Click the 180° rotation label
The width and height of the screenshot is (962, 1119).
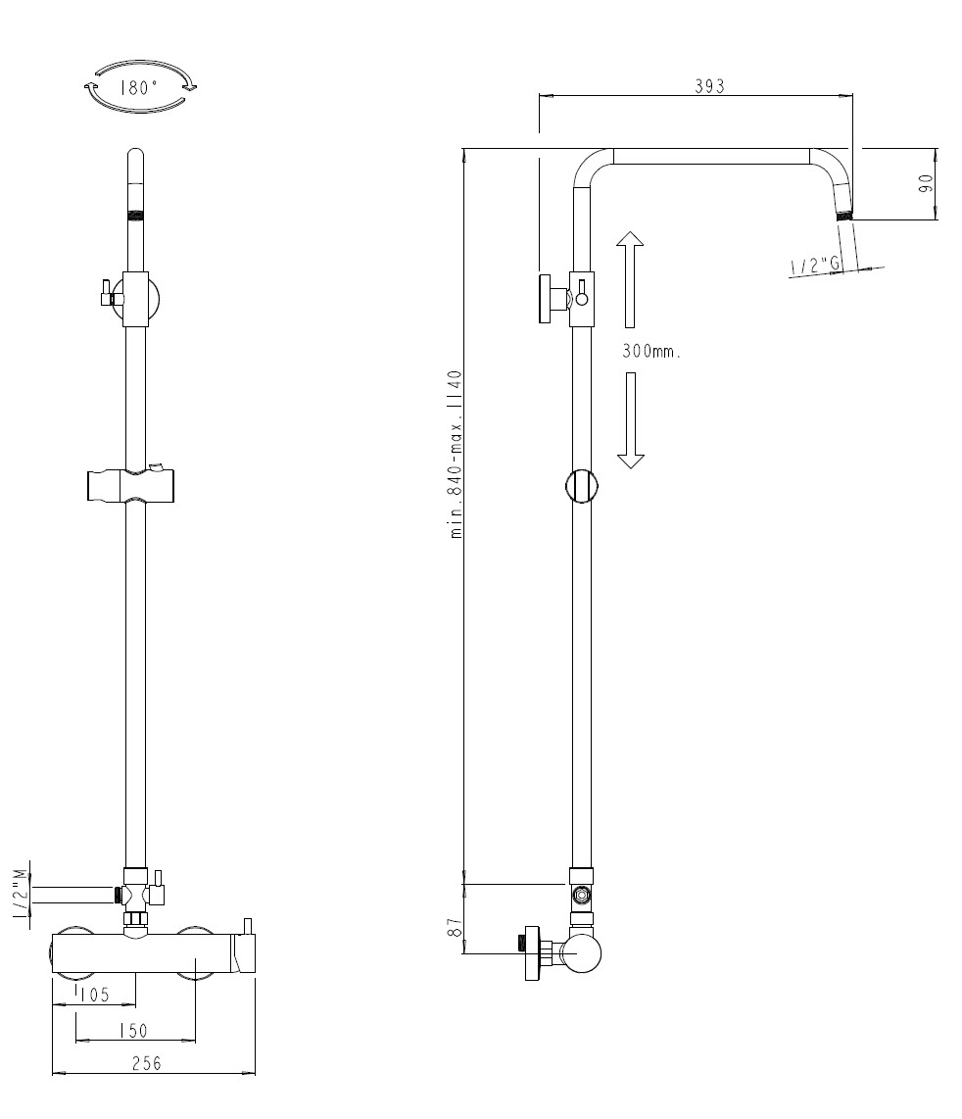[x=138, y=87]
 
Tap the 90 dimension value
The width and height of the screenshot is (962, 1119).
[x=925, y=183]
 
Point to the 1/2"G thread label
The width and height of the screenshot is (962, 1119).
[x=815, y=265]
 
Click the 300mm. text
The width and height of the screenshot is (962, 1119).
[x=650, y=351]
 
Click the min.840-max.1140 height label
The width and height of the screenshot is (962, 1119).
[x=455, y=454]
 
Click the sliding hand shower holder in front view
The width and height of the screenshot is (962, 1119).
[x=133, y=485]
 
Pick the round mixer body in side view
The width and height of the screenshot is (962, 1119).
[x=580, y=952]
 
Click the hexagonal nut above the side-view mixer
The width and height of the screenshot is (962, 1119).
[x=582, y=895]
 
